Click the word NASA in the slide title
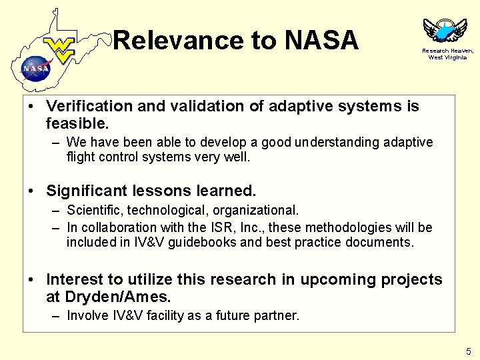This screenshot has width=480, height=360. [x=321, y=41]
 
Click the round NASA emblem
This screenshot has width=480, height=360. [x=36, y=67]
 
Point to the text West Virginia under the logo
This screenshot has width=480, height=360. [x=447, y=57]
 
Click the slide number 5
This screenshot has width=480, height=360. [x=469, y=351]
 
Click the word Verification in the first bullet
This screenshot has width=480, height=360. [x=87, y=106]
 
